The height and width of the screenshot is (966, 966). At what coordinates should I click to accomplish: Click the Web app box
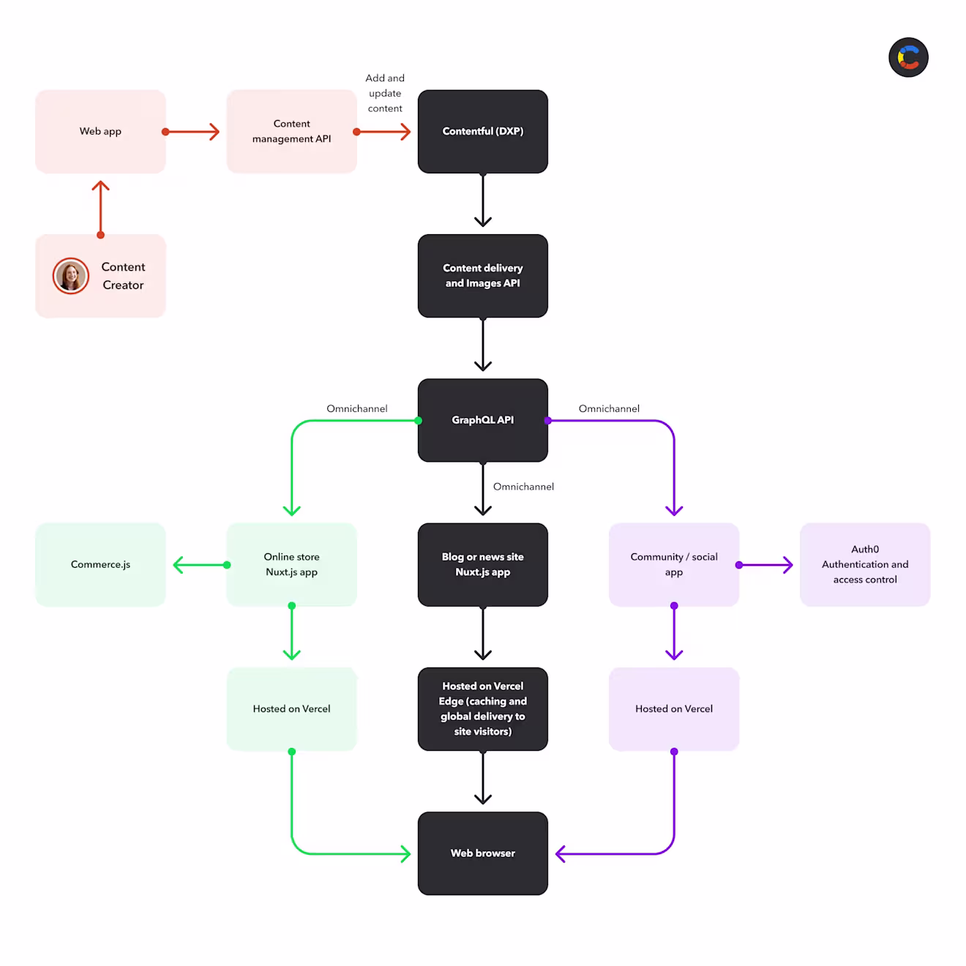(100, 131)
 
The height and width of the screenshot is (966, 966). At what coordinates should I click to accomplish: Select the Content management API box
(291, 131)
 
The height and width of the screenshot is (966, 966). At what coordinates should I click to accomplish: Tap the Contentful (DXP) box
(482, 131)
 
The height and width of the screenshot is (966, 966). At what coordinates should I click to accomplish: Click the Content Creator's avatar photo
(71, 276)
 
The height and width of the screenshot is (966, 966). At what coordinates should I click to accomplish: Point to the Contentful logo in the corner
(908, 57)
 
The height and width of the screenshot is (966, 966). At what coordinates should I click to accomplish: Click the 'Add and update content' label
(384, 93)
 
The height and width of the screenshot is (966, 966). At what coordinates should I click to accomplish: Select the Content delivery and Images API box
(482, 276)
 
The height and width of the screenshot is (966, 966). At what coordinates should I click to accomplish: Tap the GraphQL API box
(482, 420)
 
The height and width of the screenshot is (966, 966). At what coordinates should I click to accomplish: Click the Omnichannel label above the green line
(357, 408)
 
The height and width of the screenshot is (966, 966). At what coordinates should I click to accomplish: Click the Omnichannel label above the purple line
(609, 408)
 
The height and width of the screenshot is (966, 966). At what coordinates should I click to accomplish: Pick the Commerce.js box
(100, 564)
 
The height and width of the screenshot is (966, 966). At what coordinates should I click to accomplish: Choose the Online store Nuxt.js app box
(291, 564)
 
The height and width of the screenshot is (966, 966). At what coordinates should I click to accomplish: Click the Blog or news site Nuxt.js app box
(482, 564)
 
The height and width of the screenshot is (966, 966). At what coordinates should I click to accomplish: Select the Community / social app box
(674, 564)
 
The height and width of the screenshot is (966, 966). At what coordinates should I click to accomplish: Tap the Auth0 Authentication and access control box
(865, 564)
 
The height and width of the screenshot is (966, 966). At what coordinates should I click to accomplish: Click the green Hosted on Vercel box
(291, 709)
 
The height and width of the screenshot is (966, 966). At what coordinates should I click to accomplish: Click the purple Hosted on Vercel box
(674, 709)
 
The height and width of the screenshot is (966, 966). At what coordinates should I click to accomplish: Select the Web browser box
(482, 853)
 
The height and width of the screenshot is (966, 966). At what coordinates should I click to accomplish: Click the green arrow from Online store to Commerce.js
(201, 565)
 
